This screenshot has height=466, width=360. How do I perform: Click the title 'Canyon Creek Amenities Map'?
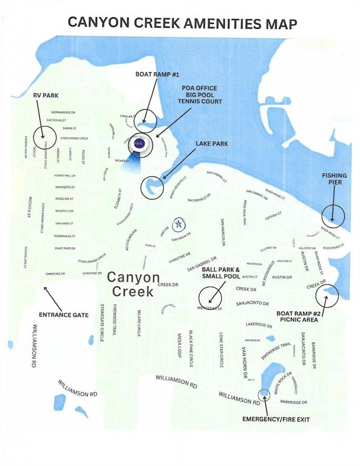pyautogui.click(x=182, y=23)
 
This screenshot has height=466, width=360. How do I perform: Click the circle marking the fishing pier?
pyautogui.click(x=333, y=213)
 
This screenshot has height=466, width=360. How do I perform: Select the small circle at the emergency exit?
pyautogui.click(x=265, y=396)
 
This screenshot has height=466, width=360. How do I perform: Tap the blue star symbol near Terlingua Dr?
pyautogui.click(x=178, y=224)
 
